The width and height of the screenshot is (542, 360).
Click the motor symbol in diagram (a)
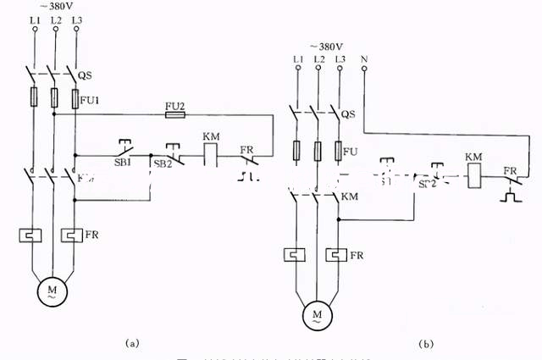(54, 292)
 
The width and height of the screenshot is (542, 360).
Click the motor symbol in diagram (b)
(318, 316)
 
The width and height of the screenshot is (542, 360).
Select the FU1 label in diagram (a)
(91, 99)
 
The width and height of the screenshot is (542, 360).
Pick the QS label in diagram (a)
(85, 75)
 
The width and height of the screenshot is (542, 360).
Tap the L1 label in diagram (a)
(34, 19)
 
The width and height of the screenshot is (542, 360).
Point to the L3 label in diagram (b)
(340, 58)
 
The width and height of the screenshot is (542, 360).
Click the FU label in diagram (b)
(349, 152)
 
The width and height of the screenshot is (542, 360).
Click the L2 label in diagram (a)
(56, 19)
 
